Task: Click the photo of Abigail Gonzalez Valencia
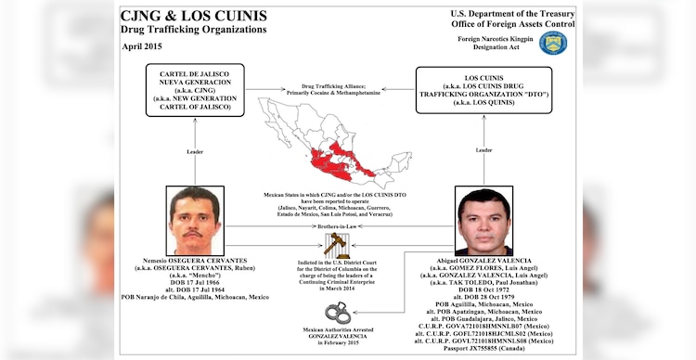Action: [484, 222]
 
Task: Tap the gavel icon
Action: [337, 244]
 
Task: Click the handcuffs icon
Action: [335, 314]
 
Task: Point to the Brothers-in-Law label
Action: [339, 226]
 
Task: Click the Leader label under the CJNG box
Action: [195, 148]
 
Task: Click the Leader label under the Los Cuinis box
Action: [483, 148]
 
